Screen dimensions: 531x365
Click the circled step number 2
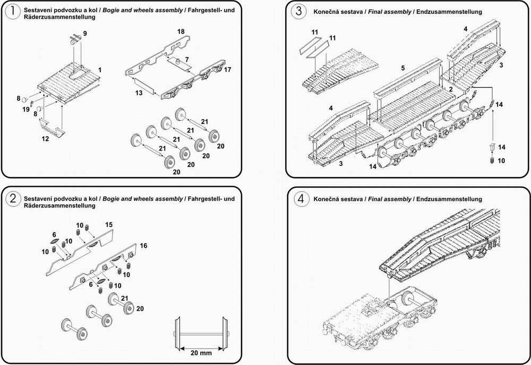point(13,198)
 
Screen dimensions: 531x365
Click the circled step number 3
point(298,11)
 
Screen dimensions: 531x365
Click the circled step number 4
point(301,199)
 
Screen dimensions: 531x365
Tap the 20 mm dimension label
point(201,353)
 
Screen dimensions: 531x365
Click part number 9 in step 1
point(84,34)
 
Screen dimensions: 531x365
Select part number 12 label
point(45,139)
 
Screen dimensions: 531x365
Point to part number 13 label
point(139,93)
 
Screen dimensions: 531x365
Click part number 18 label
point(181,31)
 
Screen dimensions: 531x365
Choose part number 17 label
point(228,70)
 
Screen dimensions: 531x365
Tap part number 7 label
point(187,60)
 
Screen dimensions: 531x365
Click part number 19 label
point(26,109)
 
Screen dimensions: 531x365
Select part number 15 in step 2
point(109,225)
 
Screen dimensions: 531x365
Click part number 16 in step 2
point(143,246)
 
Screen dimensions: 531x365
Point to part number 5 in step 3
point(403,68)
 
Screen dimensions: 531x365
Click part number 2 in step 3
point(451,89)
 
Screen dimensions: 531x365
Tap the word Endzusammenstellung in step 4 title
point(449,199)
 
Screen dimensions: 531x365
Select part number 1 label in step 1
point(100,70)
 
